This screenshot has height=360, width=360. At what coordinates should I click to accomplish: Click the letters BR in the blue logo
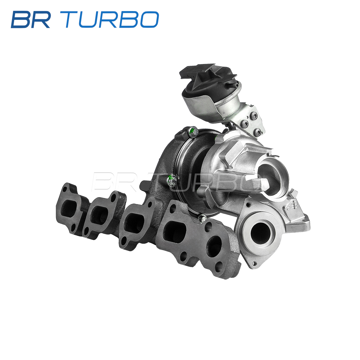click(x=31, y=19)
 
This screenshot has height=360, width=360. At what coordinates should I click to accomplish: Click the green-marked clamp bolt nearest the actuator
click(x=193, y=132)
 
